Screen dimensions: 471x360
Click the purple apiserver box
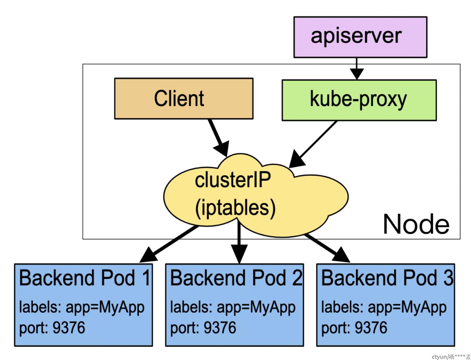pyautogui.click(x=360, y=37)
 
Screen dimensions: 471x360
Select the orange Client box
pyautogui.click(x=184, y=99)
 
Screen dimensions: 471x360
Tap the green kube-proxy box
pyautogui.click(x=359, y=100)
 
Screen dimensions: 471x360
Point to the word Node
pyautogui.click(x=416, y=224)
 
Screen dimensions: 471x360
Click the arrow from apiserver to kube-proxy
pyautogui.click(x=357, y=69)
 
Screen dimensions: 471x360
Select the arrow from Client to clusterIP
pyautogui.click(x=219, y=138)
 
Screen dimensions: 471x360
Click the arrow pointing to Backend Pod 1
pyautogui.click(x=169, y=244)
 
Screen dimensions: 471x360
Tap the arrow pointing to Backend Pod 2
pyautogui.click(x=239, y=242)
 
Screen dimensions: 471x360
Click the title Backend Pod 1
pyautogui.click(x=85, y=278)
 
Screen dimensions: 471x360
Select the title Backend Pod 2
pyautogui.click(x=236, y=278)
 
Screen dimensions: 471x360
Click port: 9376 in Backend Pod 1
pyautogui.click(x=52, y=328)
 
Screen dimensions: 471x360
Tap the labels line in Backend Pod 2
pyautogui.click(x=233, y=308)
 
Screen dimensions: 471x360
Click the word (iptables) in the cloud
pyautogui.click(x=235, y=208)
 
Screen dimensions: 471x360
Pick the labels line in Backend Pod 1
pyautogui.click(x=82, y=308)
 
